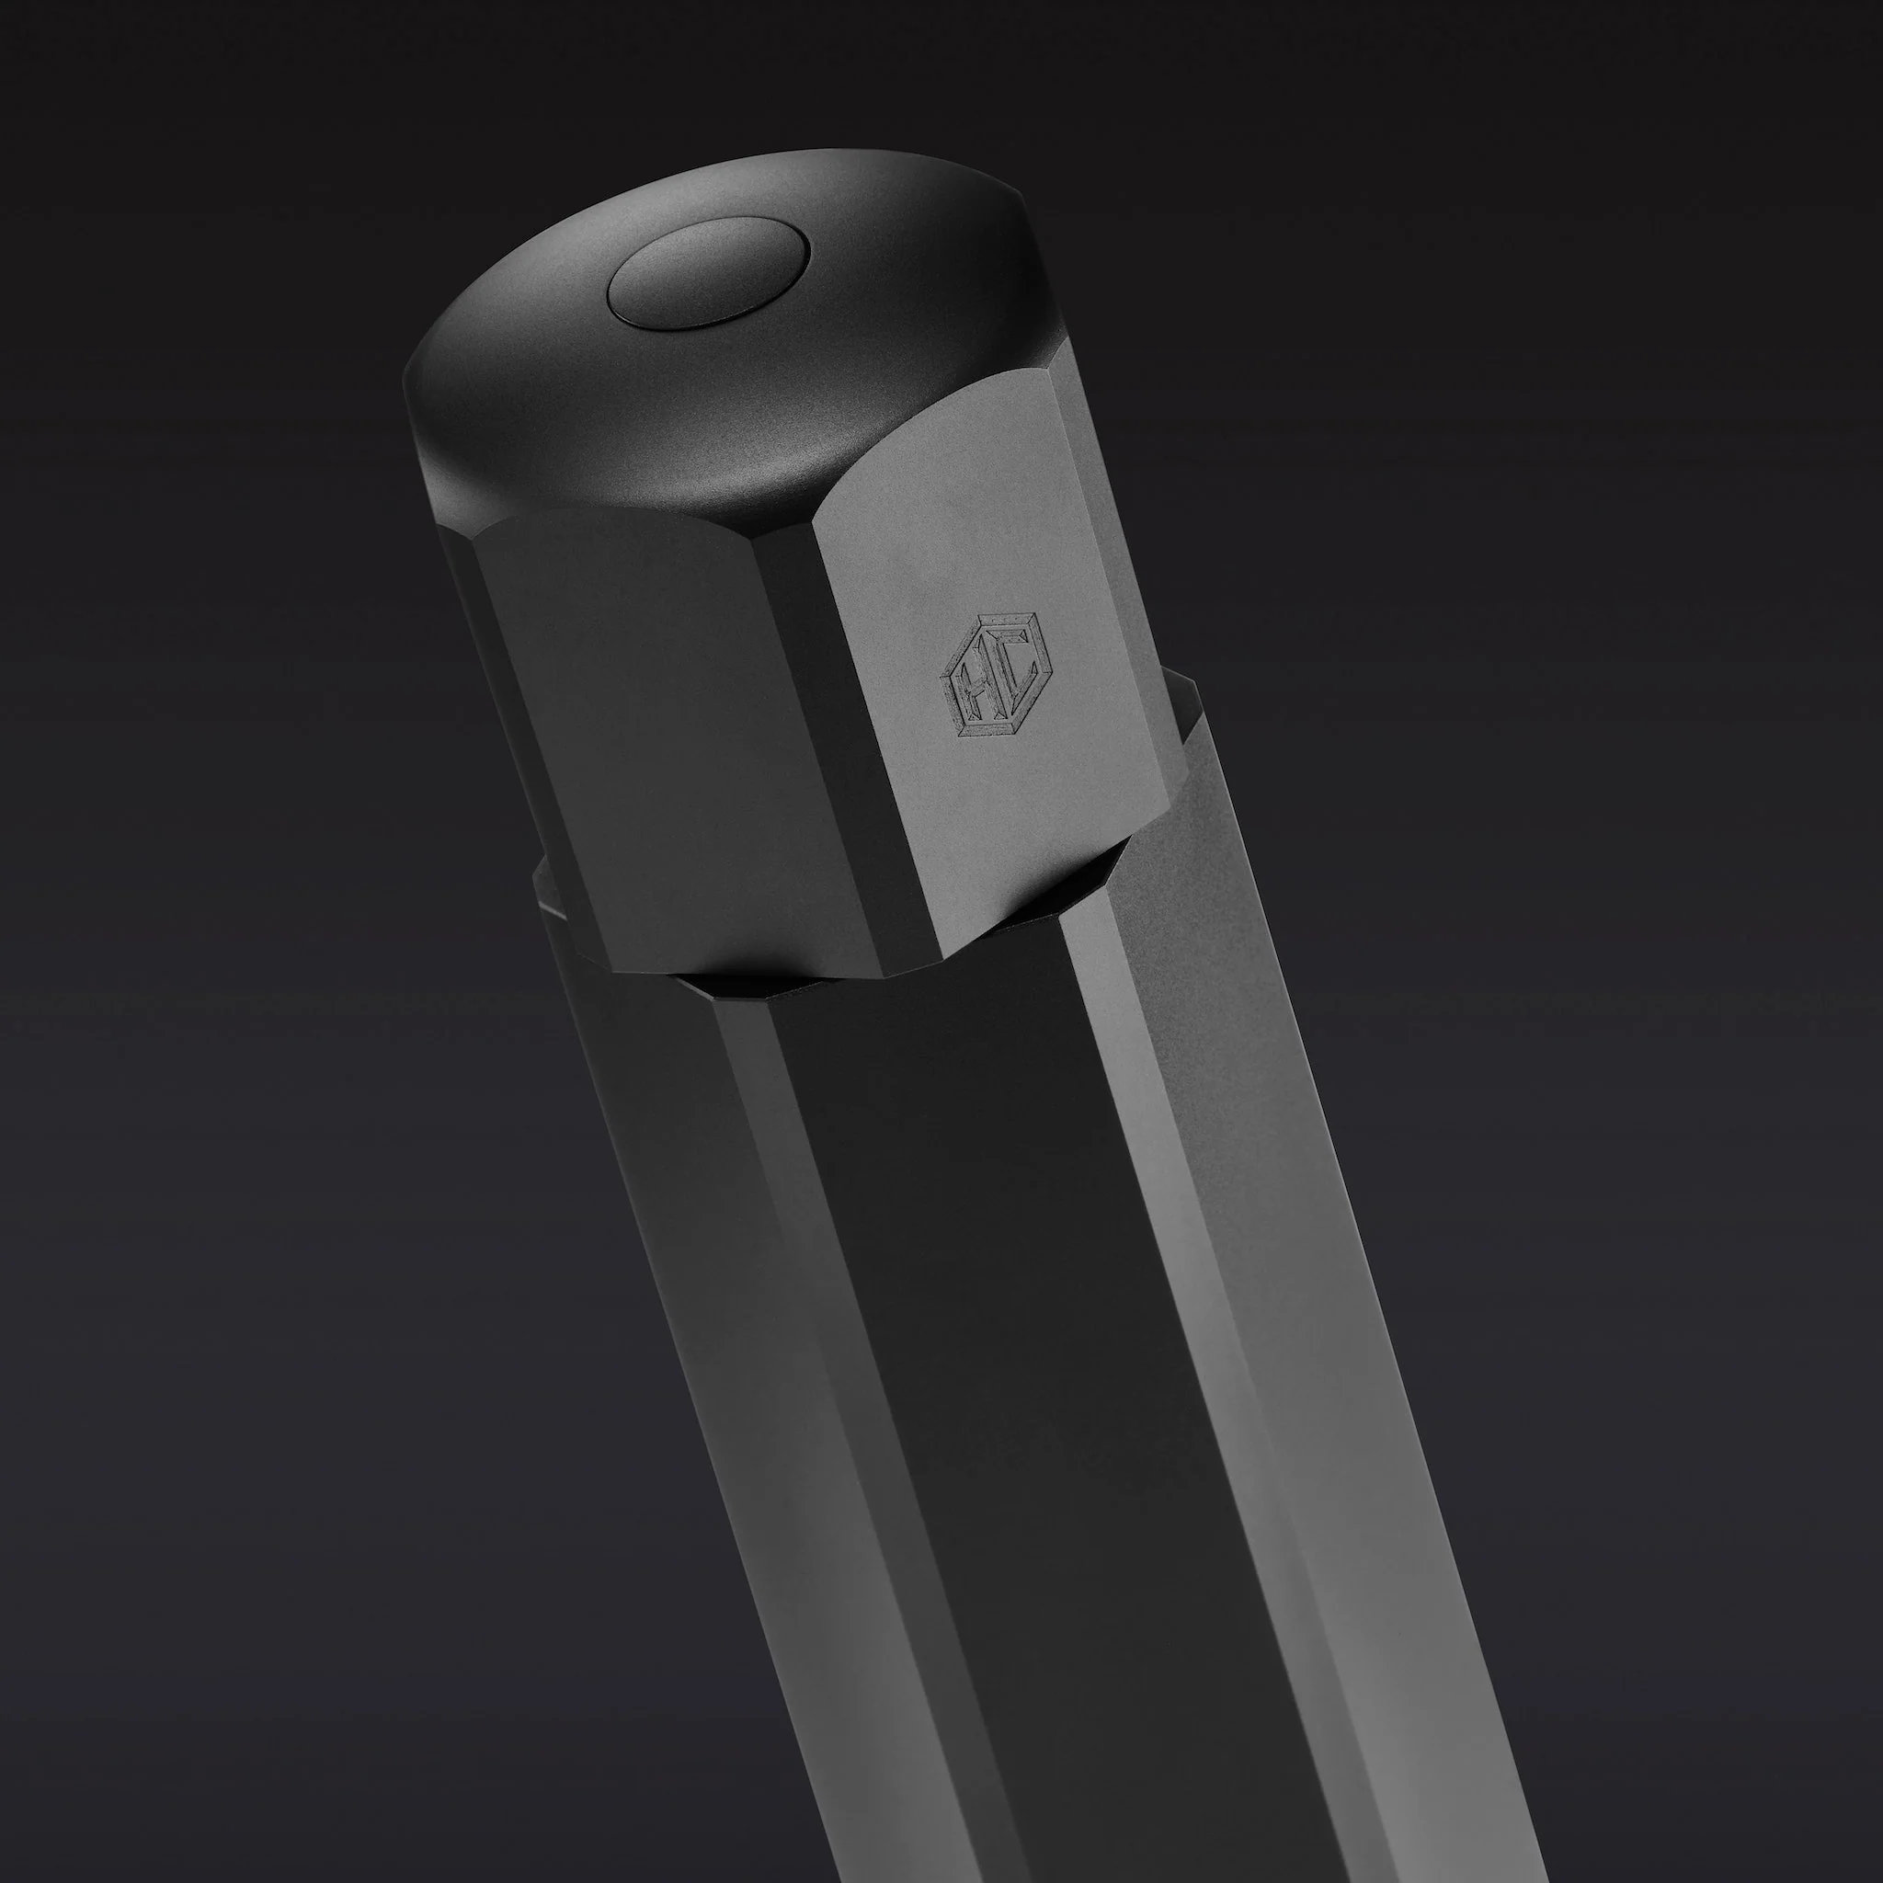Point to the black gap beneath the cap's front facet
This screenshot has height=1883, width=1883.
click(x=741, y=985)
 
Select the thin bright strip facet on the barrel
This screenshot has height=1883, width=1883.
click(x=1150, y=1218)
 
